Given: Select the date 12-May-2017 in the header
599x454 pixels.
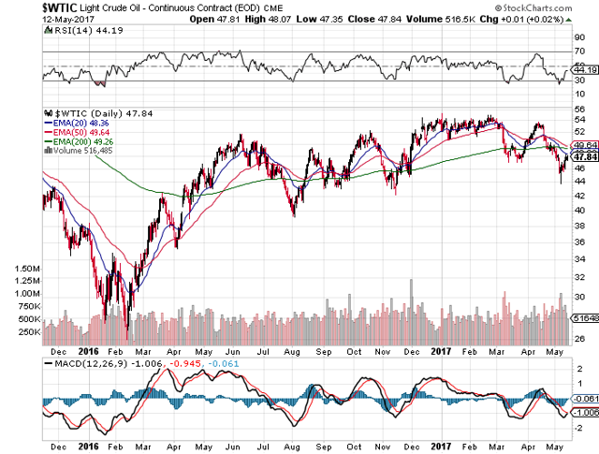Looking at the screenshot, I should (29, 19).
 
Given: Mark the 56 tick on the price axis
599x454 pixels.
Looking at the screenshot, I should (579, 109).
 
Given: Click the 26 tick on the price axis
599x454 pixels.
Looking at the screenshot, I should (579, 339).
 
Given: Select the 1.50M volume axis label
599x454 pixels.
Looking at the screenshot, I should (27, 268).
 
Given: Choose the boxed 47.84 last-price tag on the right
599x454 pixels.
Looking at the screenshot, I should (586, 156).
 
